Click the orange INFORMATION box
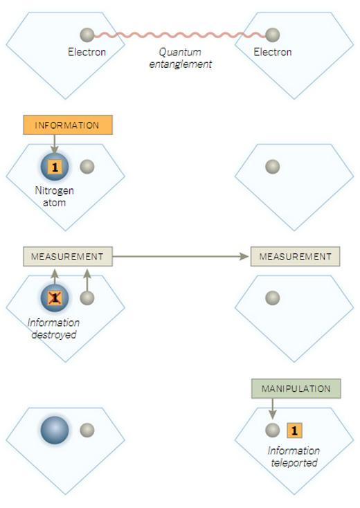[68, 125]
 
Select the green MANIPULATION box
[296, 388]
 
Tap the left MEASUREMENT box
[68, 257]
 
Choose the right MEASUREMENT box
[295, 257]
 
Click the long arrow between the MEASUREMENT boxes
[181, 257]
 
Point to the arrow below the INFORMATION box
[55, 144]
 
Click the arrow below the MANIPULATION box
[273, 409]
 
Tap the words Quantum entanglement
[181, 58]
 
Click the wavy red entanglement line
[180, 35]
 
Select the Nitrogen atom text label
[55, 197]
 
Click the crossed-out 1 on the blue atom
[55, 298]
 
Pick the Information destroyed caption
[54, 329]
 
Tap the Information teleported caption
[294, 457]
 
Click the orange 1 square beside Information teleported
[294, 430]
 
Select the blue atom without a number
[55, 430]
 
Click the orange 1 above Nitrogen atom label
[55, 167]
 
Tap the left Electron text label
[87, 52]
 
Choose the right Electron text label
[273, 52]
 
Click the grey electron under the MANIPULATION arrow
[273, 430]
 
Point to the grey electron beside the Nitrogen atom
[87, 167]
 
